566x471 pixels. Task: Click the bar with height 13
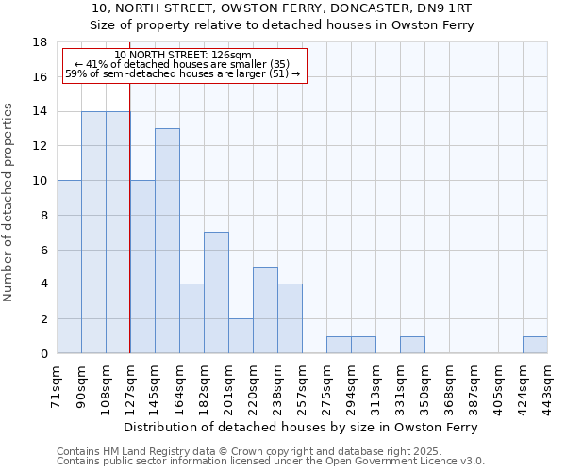coord(167,241)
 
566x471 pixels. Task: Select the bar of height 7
coord(216,293)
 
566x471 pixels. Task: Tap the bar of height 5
coord(265,310)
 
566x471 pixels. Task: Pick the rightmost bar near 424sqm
coord(535,345)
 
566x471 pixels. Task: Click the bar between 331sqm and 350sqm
coord(412,345)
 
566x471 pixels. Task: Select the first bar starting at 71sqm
coord(69,267)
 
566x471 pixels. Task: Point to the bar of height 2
coord(241,336)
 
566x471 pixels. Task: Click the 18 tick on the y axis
coord(41,42)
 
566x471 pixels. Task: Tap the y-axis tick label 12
coord(41,146)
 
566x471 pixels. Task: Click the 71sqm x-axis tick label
coord(58,384)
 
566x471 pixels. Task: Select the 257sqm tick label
coord(303,384)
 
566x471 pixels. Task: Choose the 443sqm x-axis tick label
coord(548,384)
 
